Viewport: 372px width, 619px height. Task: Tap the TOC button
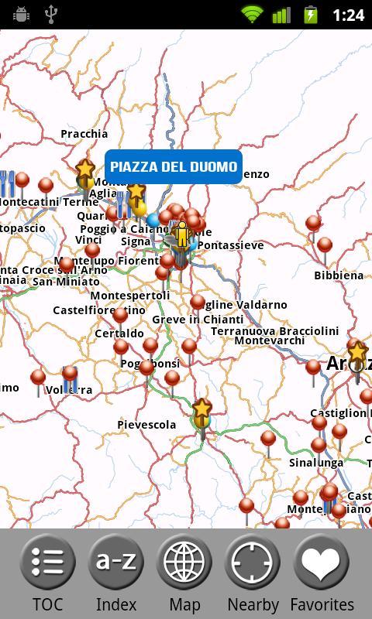[x=47, y=573]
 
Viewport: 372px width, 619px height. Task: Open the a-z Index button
[x=115, y=573]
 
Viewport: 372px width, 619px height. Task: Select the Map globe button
[x=184, y=573]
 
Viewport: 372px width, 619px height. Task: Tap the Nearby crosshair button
[x=253, y=573]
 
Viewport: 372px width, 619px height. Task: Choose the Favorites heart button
[x=322, y=573]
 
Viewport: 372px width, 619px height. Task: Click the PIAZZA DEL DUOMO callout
[x=174, y=167]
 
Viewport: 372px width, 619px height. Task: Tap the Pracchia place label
[x=84, y=134]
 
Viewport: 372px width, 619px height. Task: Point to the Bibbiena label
[x=339, y=275]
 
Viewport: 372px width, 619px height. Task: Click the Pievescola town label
[x=146, y=425]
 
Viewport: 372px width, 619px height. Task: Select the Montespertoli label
[x=130, y=296]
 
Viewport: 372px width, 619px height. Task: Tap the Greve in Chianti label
[x=198, y=320]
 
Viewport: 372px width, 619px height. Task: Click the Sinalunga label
[x=316, y=463]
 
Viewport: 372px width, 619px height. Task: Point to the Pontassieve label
[x=230, y=245]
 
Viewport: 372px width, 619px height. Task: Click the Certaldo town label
[x=119, y=333]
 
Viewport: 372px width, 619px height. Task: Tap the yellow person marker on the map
[x=181, y=234]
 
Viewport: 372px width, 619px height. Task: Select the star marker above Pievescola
[x=201, y=410]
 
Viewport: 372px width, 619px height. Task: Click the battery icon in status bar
[x=310, y=14]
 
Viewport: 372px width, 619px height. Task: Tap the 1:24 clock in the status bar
[x=347, y=15]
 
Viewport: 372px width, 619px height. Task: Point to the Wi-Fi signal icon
[x=252, y=14]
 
